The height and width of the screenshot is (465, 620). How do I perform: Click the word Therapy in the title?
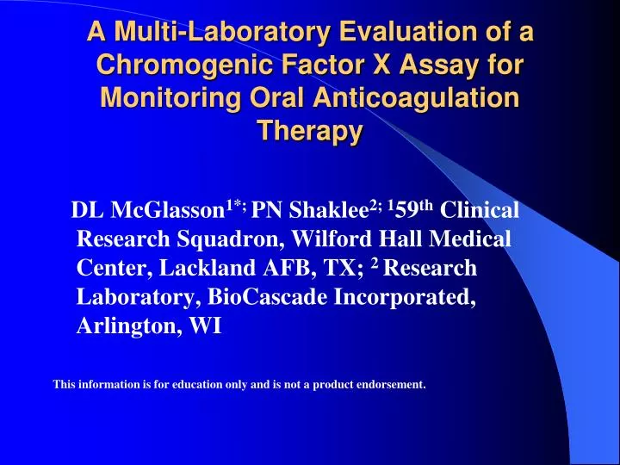(310, 131)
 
